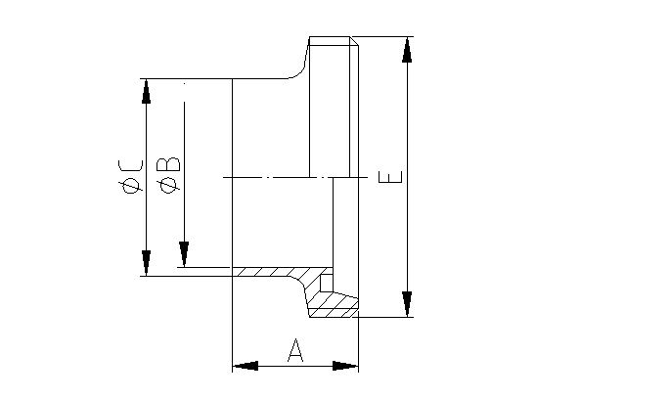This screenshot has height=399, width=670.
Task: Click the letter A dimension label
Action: pyautogui.click(x=295, y=351)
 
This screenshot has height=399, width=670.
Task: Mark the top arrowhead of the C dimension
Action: pyautogui.click(x=146, y=91)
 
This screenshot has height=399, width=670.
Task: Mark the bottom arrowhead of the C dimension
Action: pyautogui.click(x=146, y=263)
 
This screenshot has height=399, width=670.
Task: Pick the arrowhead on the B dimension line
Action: pyautogui.click(x=182, y=254)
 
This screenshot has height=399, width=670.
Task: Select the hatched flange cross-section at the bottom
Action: pyautogui.click(x=333, y=305)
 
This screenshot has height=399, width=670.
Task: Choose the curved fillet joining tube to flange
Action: pyautogui.click(x=299, y=69)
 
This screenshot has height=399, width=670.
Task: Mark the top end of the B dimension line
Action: pyautogui.click(x=182, y=86)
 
